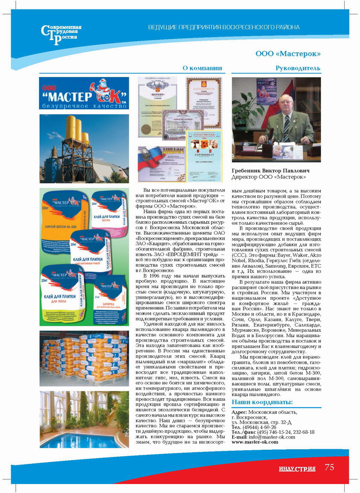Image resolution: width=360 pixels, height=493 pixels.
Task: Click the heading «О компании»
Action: (202, 68)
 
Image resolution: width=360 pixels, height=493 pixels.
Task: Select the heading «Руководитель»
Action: (298, 68)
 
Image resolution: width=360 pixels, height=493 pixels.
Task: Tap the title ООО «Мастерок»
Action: (288, 54)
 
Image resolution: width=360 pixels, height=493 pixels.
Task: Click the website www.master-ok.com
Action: (255, 442)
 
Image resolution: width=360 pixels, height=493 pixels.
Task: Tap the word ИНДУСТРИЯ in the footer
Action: (297, 469)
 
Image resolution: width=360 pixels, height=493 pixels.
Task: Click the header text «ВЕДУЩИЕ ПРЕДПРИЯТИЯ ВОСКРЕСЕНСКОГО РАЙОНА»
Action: (224, 27)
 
